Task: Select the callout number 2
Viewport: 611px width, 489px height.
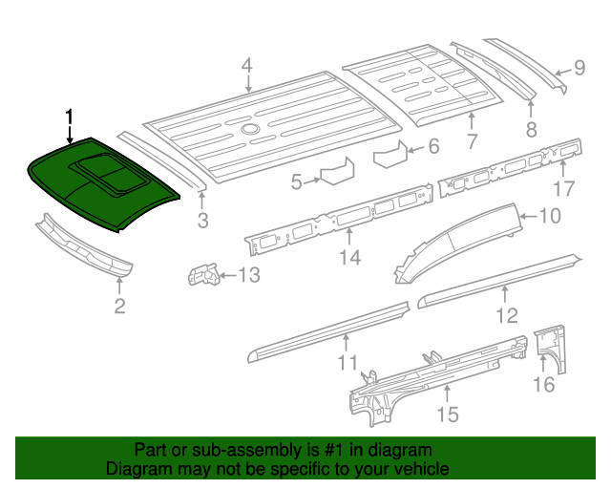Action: point(119,306)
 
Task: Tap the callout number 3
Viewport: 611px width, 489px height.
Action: point(202,223)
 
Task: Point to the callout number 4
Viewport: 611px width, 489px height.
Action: point(246,66)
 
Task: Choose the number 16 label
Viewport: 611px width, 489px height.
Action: point(543,384)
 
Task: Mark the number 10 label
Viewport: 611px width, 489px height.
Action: point(550,216)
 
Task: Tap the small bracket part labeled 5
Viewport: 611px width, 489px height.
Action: point(335,174)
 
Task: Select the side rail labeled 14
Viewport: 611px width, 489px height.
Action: point(339,219)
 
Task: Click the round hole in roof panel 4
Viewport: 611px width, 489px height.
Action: point(249,129)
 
